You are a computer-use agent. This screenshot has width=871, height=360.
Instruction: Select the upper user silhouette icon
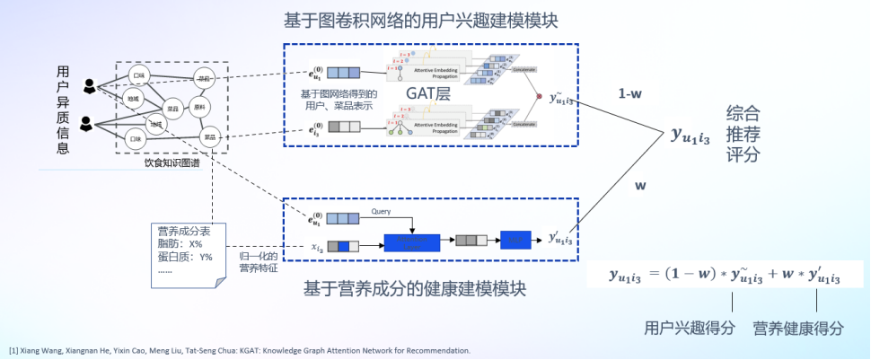coord(90,86)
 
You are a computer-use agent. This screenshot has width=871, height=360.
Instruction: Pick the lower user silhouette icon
coord(87,122)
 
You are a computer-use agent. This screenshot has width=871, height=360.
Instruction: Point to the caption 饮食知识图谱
coord(172,163)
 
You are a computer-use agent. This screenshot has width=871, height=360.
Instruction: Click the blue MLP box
coord(515,241)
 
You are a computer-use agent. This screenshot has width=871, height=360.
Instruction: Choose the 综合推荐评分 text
coord(744,134)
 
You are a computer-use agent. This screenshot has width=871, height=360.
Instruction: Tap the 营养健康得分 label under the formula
coord(798,329)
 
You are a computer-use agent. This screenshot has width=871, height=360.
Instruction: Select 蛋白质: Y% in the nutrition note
coord(185,257)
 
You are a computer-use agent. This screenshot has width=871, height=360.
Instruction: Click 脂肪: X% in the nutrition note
coord(180,243)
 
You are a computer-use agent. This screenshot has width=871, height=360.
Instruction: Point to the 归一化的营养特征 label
coord(259,261)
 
